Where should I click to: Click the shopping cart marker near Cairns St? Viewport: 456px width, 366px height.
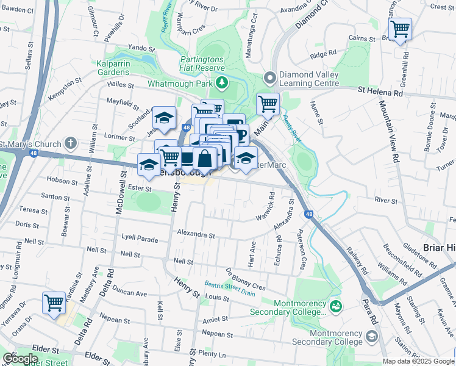[x=400, y=29]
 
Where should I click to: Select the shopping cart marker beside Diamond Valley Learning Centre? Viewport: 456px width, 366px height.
[x=268, y=104]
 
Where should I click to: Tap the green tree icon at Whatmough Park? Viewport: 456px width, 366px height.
[x=223, y=82]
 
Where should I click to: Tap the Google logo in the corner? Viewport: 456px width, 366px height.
[x=21, y=359]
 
